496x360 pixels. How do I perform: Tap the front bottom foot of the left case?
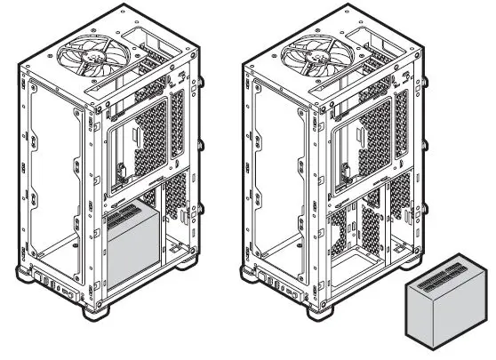[99, 312]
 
